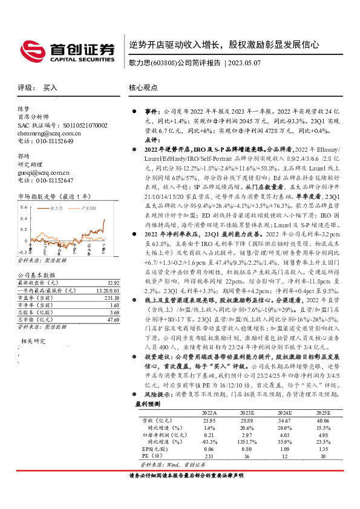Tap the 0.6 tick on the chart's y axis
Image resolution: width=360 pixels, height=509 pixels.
pos(24,207)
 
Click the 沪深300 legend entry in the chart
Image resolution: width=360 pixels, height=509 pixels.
pos(89,207)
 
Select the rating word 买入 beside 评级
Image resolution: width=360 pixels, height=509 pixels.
pos(50,88)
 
